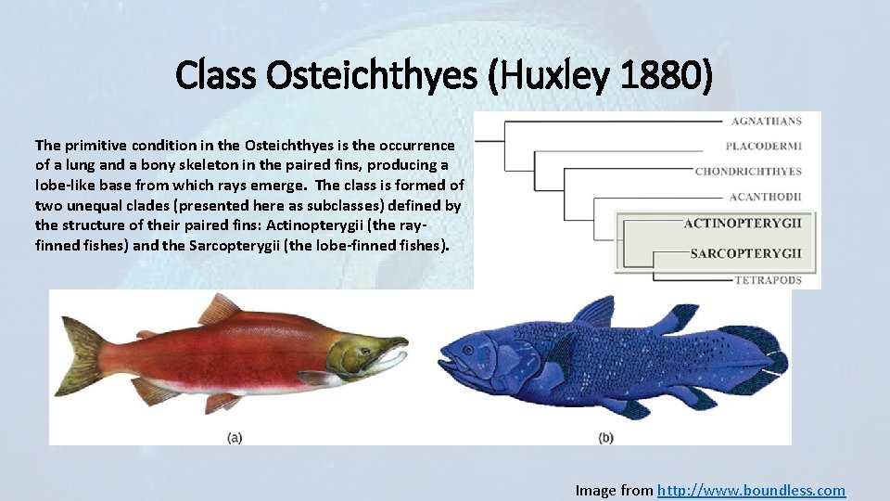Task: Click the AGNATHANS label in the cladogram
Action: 767,122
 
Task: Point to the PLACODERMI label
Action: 764,147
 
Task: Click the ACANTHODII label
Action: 765,197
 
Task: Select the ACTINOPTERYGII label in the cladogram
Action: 743,224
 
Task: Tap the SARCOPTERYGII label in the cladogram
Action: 746,253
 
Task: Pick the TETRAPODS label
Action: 768,279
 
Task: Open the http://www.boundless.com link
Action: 751,490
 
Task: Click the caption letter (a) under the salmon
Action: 235,437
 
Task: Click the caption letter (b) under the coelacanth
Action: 605,437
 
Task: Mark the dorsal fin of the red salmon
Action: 220,307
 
